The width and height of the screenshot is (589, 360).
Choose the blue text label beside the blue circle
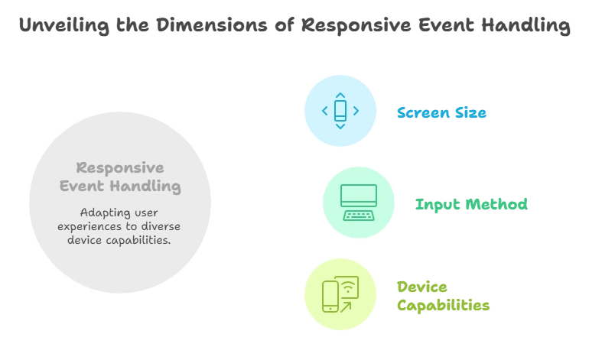[x=441, y=113]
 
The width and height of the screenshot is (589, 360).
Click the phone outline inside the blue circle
[x=340, y=111]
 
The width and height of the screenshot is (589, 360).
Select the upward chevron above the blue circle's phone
[x=340, y=94]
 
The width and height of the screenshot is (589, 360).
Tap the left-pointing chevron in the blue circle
[x=324, y=111]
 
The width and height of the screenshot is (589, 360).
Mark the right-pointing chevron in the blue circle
[x=356, y=111]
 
